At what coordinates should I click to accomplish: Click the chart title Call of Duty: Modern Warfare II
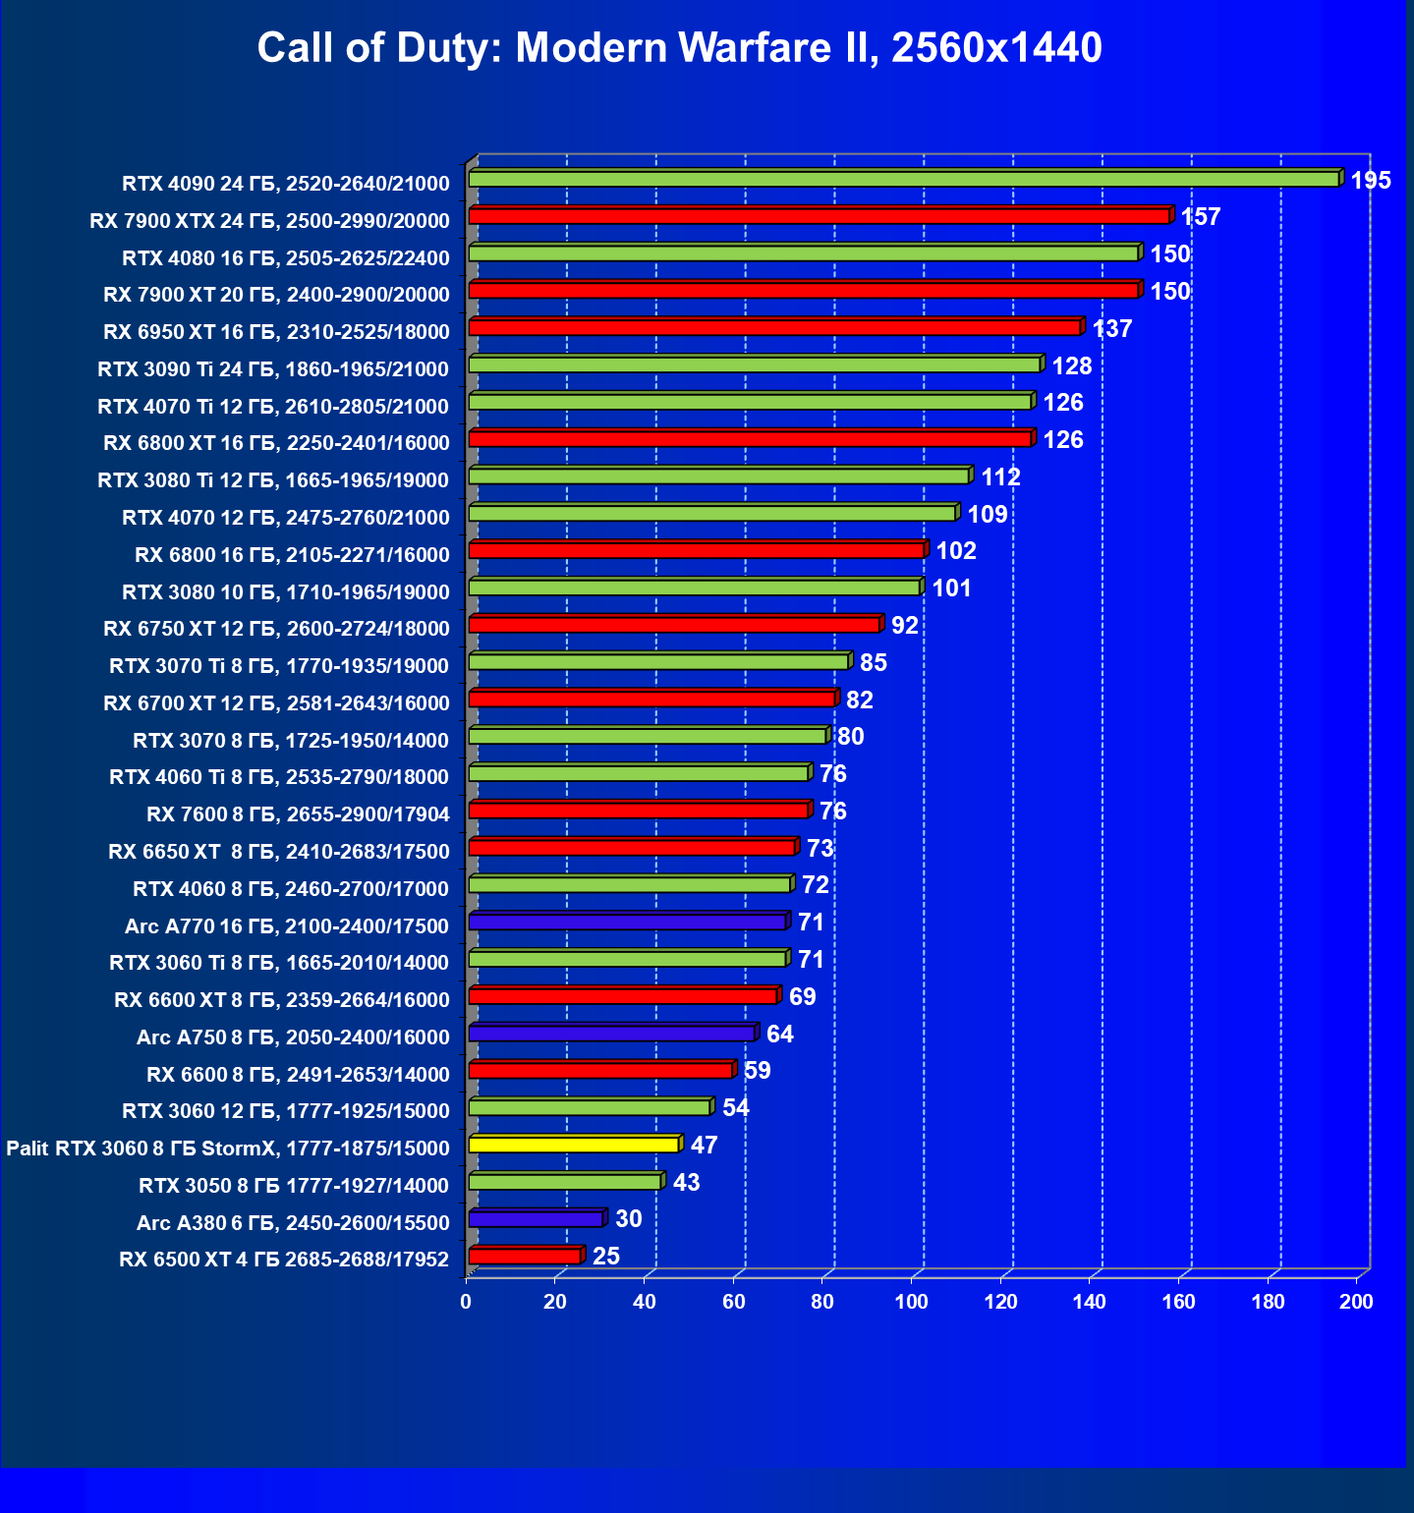[x=679, y=47]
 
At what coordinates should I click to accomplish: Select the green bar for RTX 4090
[x=904, y=179]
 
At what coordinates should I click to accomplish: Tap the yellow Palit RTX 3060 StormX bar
[x=574, y=1145]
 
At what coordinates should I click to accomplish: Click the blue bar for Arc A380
[x=536, y=1219]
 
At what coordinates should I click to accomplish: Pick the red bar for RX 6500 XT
[x=525, y=1257]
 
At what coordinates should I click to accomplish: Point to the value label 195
[x=1371, y=181]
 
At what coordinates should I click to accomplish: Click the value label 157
[x=1201, y=217]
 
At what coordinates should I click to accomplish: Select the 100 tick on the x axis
[x=911, y=1302]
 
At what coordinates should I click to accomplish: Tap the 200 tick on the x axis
[x=1357, y=1302]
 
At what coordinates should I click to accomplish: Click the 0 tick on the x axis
[x=466, y=1302]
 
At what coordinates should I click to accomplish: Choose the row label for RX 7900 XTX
[x=269, y=221]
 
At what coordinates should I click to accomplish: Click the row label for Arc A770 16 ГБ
[x=287, y=926]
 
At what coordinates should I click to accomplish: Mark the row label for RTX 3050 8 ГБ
[x=294, y=1186]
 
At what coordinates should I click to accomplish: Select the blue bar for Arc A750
[x=611, y=1034]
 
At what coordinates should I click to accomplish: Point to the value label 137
[x=1112, y=329]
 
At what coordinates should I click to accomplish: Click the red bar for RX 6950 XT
[x=774, y=327]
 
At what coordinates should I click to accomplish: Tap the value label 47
[x=705, y=1146]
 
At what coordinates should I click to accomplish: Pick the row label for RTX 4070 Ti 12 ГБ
[x=273, y=407]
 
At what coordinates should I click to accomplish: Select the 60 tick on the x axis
[x=733, y=1302]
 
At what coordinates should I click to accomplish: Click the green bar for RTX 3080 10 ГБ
[x=695, y=588]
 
